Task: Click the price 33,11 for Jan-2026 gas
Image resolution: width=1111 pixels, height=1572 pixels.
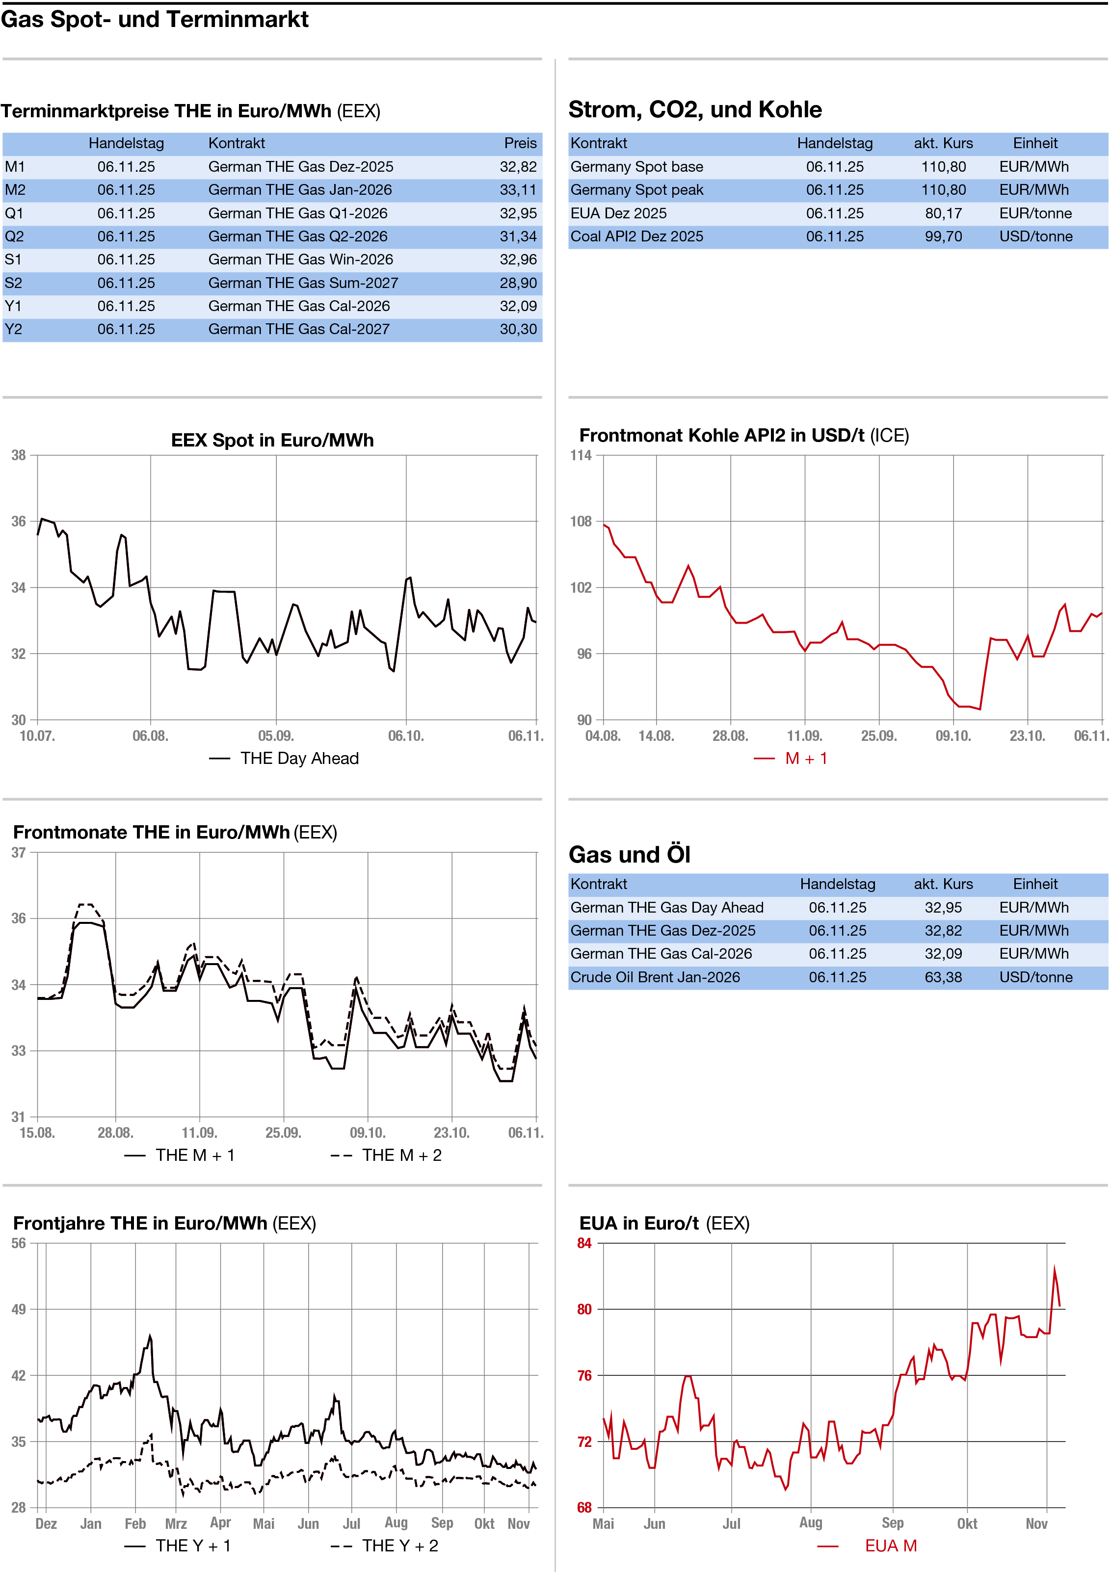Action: [518, 190]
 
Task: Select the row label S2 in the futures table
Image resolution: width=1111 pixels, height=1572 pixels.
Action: [14, 283]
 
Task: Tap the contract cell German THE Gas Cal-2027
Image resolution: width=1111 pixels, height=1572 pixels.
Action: [299, 329]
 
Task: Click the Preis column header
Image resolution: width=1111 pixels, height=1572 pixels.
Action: [520, 143]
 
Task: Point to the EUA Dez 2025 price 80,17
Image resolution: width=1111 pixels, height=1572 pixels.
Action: [943, 213]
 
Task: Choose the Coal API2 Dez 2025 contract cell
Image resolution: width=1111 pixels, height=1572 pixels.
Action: [636, 236]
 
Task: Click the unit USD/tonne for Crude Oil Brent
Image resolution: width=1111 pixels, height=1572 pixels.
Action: [1035, 977]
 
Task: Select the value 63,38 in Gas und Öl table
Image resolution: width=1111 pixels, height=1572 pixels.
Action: [943, 977]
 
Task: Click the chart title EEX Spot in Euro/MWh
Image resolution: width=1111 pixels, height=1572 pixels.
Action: [272, 440]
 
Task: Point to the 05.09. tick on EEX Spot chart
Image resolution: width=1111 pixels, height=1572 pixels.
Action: [276, 736]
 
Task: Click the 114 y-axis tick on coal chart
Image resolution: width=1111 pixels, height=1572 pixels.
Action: [581, 455]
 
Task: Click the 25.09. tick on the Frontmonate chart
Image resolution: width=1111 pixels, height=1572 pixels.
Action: [283, 1132]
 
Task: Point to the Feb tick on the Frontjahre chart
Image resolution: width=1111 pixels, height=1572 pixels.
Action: [135, 1523]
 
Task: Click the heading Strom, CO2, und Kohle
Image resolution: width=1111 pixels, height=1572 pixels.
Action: [694, 109]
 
